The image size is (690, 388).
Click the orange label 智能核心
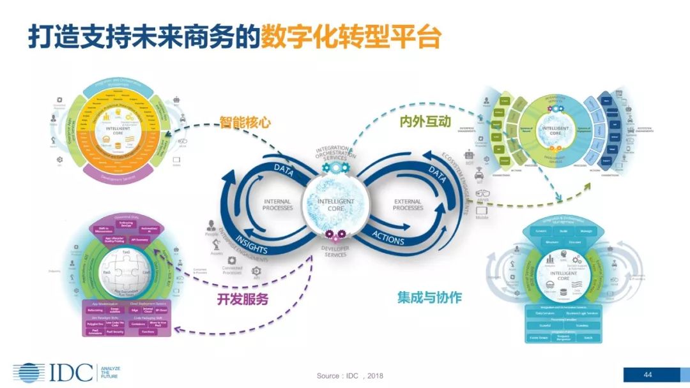(x=246, y=121)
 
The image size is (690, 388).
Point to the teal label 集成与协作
(x=429, y=297)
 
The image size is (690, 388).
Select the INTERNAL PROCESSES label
(x=277, y=205)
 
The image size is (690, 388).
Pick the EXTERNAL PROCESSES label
(x=408, y=205)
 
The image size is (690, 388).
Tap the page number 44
(x=647, y=374)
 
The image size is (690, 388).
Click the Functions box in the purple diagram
(x=148, y=332)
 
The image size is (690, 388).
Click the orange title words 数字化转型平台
(x=351, y=38)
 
